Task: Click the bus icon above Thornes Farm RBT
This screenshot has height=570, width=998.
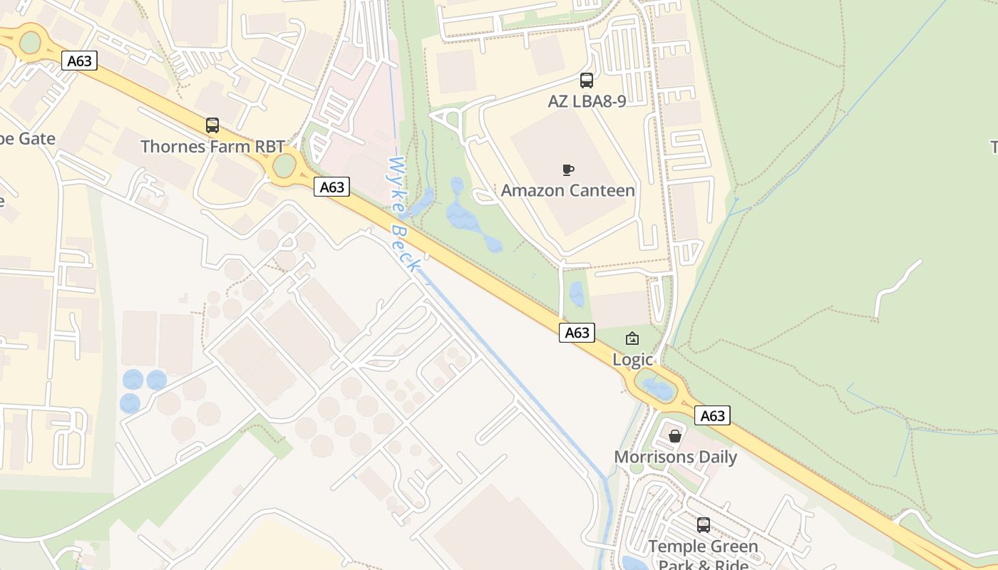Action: tap(212, 125)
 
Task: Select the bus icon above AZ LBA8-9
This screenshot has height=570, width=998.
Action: tap(587, 81)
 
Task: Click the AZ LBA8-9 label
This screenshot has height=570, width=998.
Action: tap(587, 101)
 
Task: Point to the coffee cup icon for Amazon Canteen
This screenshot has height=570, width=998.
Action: tap(567, 170)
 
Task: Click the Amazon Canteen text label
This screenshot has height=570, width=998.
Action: tap(567, 190)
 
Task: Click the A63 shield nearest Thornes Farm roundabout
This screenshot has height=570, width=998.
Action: tap(331, 187)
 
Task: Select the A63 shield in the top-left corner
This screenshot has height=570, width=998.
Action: tap(79, 61)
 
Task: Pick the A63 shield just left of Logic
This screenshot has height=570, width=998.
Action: tap(577, 332)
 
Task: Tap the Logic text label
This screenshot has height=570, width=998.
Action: tap(633, 360)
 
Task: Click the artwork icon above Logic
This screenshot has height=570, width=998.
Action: tap(632, 338)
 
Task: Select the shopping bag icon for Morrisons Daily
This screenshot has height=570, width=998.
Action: tap(674, 435)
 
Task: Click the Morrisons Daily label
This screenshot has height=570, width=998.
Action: tap(675, 457)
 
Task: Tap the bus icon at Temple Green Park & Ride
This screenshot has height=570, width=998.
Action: tap(704, 525)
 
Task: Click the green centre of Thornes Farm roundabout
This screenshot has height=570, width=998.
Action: tap(284, 166)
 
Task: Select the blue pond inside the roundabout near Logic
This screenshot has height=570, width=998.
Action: tap(657, 389)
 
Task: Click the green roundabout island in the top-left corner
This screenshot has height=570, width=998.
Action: tap(30, 42)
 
